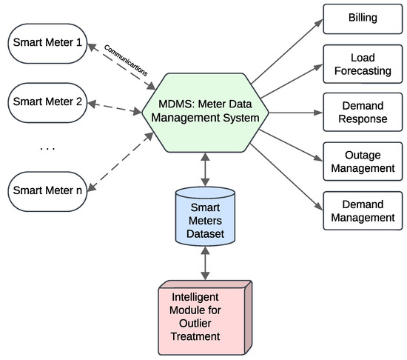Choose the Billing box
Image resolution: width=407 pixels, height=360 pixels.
pos(362,17)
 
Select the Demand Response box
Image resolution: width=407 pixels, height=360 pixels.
pos(362,113)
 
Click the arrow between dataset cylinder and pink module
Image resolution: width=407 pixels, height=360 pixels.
pos(203,264)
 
